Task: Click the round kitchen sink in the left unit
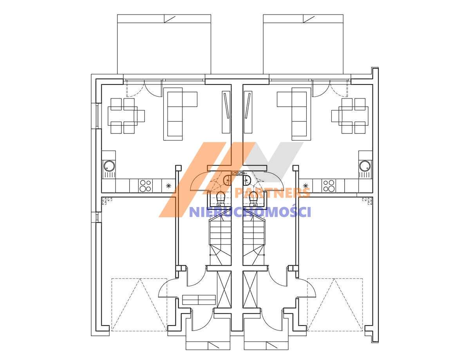[x=109, y=166]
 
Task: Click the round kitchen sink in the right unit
[x=365, y=166]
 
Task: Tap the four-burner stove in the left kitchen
[x=145, y=185]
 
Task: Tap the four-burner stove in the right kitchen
[x=328, y=185]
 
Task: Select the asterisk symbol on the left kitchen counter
[x=168, y=185]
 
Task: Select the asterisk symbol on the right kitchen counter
[x=305, y=185]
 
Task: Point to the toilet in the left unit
[x=221, y=198]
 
